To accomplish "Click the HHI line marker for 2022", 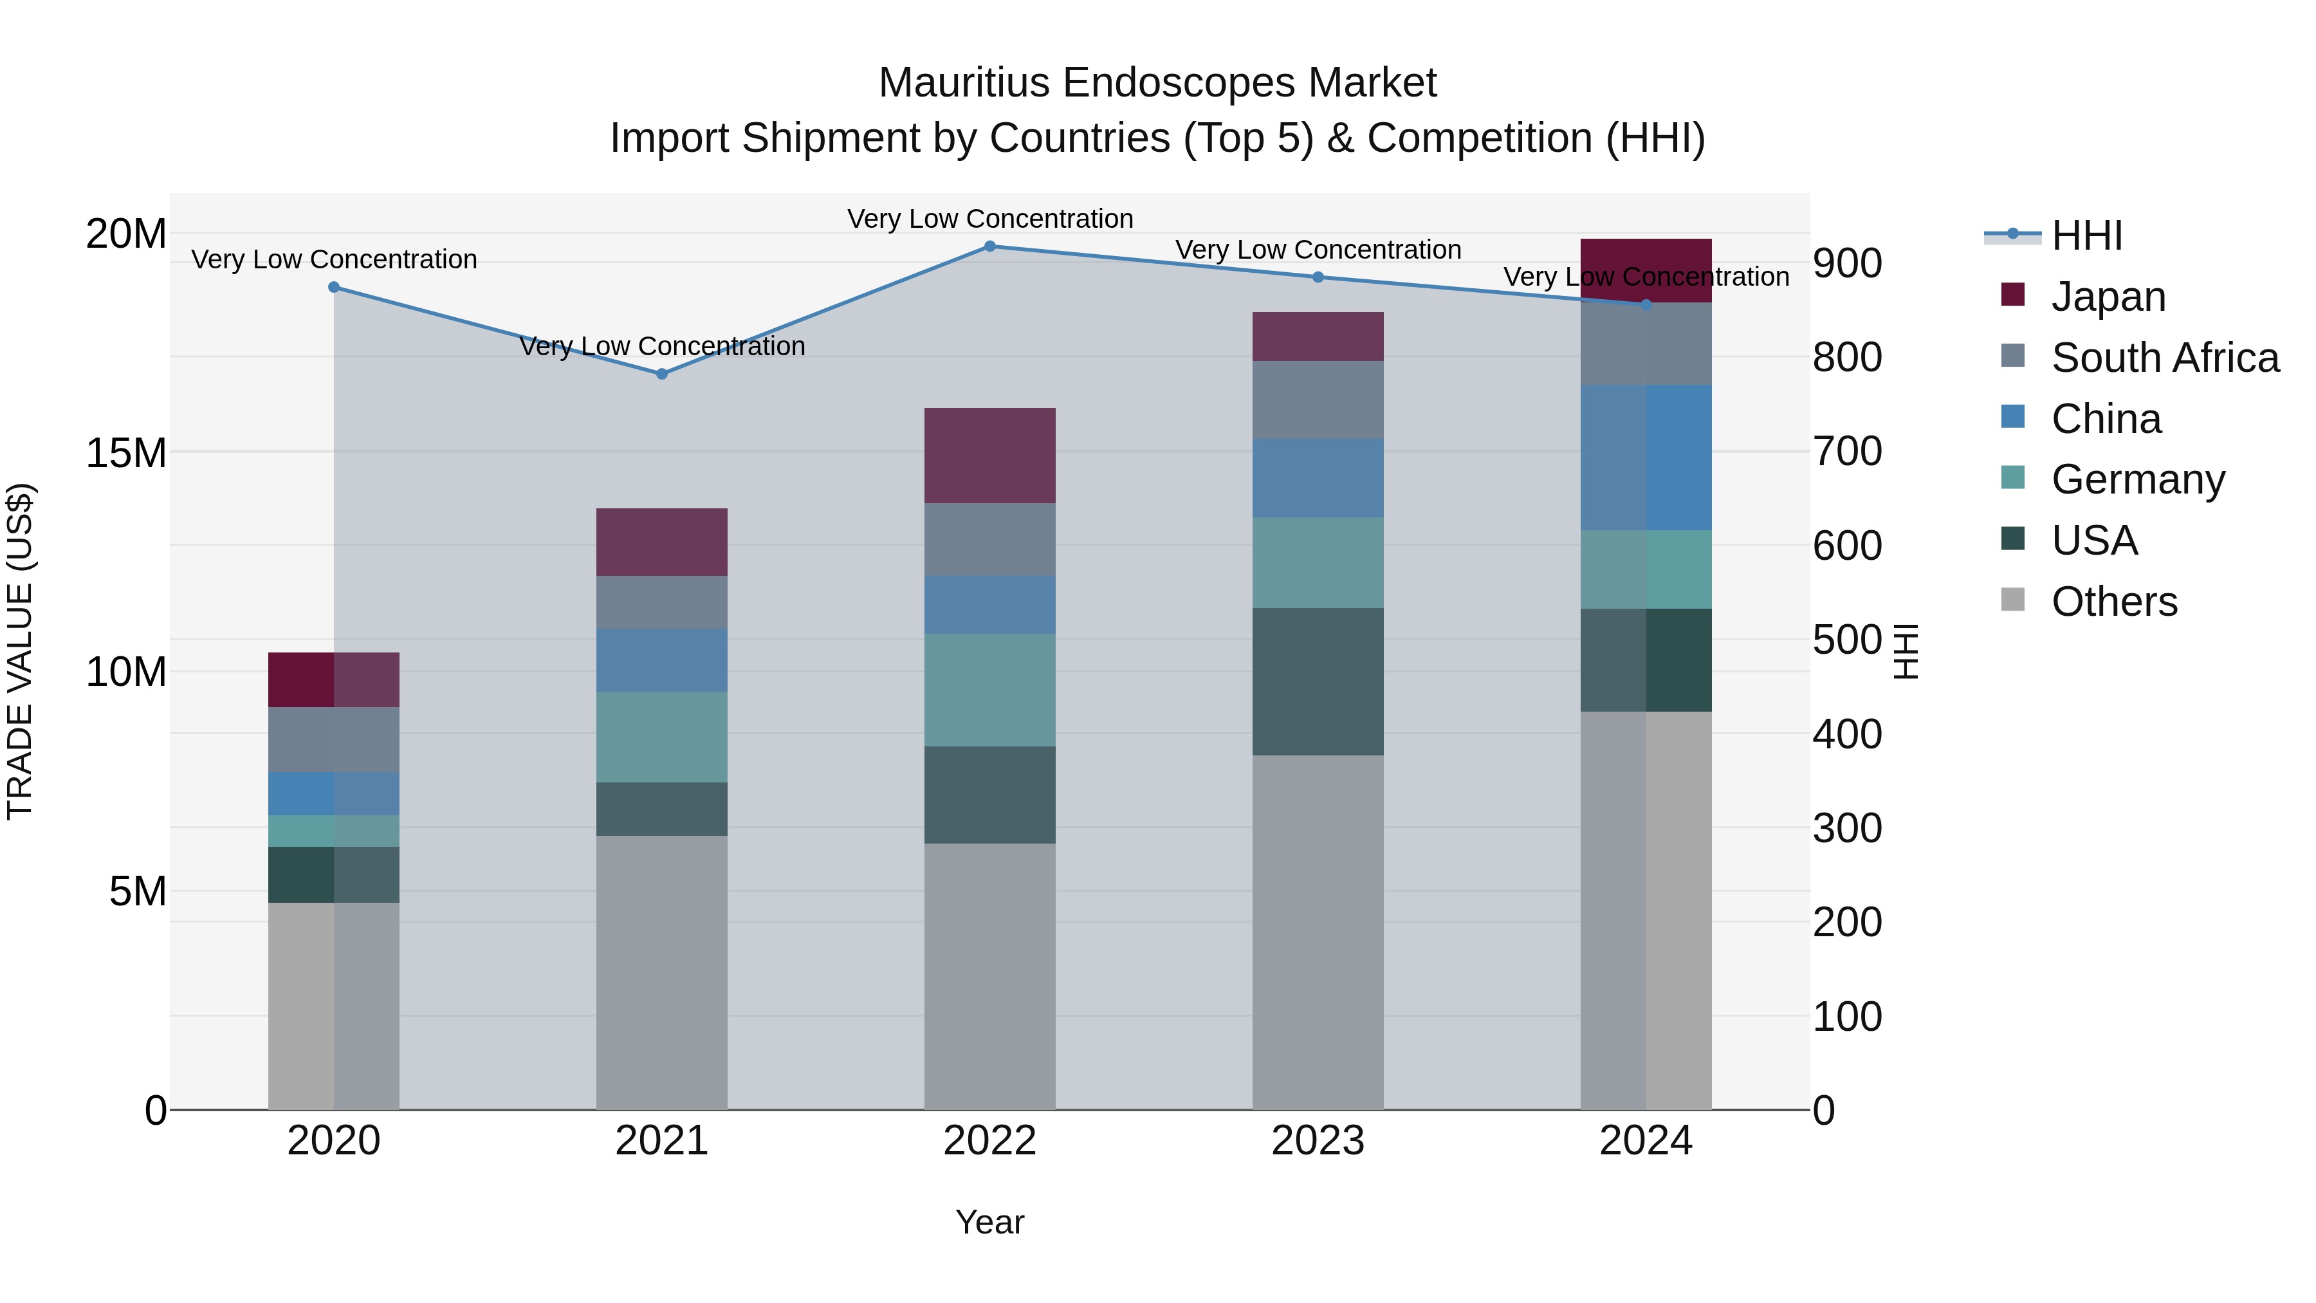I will [x=990, y=246].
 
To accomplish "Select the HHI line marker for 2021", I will [x=662, y=373].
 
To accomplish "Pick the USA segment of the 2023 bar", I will [x=1318, y=681].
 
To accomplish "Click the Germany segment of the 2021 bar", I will [x=662, y=737].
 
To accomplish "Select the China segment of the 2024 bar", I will [x=1646, y=457].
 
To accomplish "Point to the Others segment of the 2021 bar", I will [x=662, y=972].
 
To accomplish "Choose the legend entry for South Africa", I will [x=2164, y=358].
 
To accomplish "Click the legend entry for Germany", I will [x=2137, y=479].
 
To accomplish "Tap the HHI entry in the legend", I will [x=2086, y=236].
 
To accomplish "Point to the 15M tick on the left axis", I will [x=126, y=453].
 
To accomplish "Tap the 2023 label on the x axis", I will [x=1318, y=1141].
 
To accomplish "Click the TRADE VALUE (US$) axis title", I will [x=20, y=651].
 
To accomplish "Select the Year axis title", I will [x=990, y=1222].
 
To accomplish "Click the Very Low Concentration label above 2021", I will [x=662, y=346].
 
